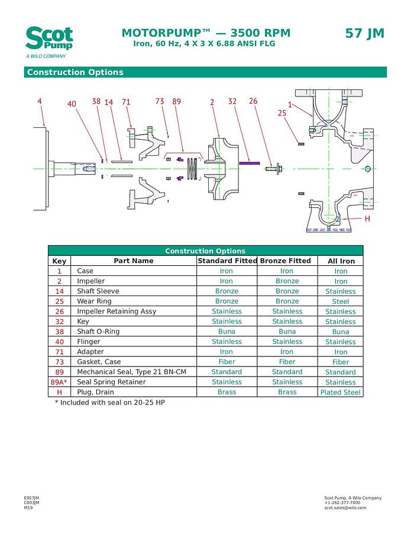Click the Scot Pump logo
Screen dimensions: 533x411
[x=49, y=40]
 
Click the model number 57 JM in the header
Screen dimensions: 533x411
[x=364, y=34]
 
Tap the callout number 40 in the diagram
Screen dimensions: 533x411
[x=72, y=104]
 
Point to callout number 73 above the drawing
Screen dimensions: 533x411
[x=160, y=102]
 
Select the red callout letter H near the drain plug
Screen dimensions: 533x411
[x=367, y=219]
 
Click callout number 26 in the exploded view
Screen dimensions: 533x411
[x=253, y=102]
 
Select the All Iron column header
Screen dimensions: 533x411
[x=341, y=261]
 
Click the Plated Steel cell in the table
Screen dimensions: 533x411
[x=341, y=392]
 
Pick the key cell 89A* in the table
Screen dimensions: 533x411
[x=59, y=382]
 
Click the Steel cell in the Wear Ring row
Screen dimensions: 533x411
[x=341, y=301]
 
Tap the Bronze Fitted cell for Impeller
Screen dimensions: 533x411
[x=287, y=281]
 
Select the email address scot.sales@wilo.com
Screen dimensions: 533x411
[x=345, y=508]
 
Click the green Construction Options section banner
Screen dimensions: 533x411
[x=205, y=72]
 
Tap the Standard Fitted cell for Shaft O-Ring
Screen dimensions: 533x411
[x=226, y=332]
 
